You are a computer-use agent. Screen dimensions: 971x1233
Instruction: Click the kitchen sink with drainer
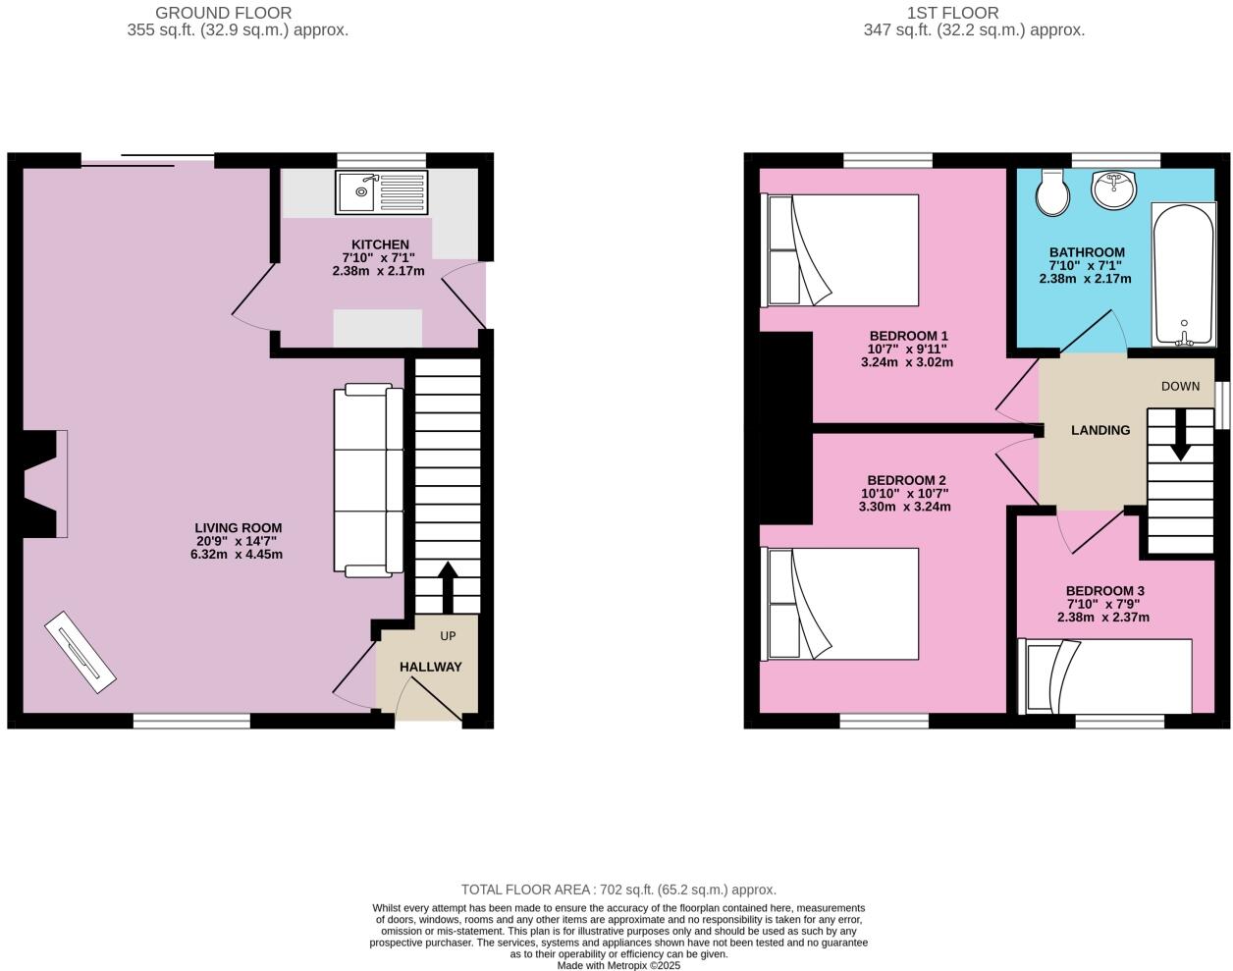382,192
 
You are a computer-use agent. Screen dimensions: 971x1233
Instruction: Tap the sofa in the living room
368,480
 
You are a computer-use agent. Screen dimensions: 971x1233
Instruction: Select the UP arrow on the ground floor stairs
447,586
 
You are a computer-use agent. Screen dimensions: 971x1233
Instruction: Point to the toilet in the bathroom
1052,192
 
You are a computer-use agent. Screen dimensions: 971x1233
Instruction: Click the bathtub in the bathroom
1184,274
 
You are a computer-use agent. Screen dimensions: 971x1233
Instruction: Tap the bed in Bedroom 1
842,249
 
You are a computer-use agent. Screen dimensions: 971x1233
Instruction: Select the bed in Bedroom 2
842,603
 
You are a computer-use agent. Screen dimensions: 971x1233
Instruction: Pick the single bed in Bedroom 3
1106,675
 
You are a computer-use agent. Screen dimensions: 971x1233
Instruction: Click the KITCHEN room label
380,244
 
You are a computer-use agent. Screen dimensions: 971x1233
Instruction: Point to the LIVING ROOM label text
238,528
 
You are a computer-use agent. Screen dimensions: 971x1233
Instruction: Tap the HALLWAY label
430,667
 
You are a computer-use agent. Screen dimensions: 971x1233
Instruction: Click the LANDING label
1099,430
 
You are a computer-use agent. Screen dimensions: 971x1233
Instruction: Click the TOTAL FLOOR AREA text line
617,890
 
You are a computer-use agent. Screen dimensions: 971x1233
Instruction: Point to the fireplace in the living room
44,484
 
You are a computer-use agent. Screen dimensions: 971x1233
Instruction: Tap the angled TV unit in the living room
80,652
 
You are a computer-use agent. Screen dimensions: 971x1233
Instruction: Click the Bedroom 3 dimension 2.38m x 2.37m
1102,618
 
